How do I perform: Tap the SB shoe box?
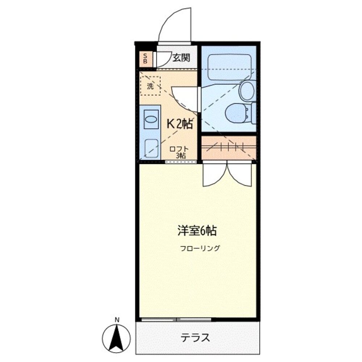pyautogui.click(x=145, y=59)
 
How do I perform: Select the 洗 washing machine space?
pyautogui.click(x=150, y=86)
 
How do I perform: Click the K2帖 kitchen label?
pyautogui.click(x=179, y=124)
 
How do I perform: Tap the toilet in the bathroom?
pyautogui.click(x=237, y=112)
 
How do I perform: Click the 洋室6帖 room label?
pyautogui.click(x=197, y=231)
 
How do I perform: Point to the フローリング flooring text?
pyautogui.click(x=200, y=249)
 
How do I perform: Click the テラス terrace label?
pyautogui.click(x=195, y=338)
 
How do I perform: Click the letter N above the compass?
pyautogui.click(x=117, y=320)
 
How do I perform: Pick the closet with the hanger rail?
pyautogui.click(x=229, y=147)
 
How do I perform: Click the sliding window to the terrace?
pyautogui.click(x=176, y=320)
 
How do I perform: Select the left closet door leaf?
pyautogui.click(x=215, y=174)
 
